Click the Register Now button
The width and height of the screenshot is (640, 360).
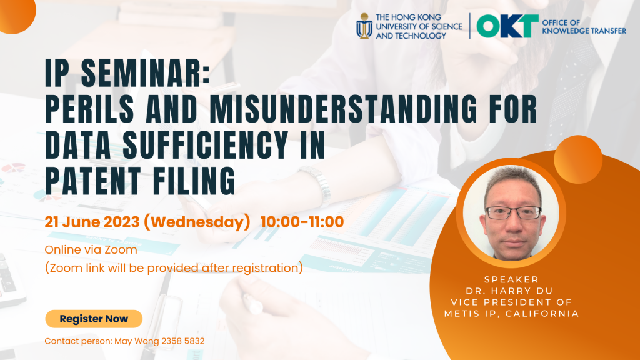point(94,319)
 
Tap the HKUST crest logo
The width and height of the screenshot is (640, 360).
point(364,26)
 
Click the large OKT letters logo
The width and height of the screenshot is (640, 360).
point(507,26)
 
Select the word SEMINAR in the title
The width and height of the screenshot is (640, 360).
point(146,74)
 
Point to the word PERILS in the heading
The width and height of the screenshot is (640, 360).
point(90,109)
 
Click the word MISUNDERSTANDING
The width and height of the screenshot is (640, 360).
point(343,109)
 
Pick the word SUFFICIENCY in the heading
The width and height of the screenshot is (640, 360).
point(205,144)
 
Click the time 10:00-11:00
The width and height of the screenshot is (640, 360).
point(302,222)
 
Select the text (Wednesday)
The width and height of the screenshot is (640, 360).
point(197,222)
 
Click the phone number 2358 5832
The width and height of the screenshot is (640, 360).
point(183,341)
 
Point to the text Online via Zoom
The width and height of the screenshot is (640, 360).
point(91,250)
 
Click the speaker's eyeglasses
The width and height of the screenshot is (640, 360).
point(514,212)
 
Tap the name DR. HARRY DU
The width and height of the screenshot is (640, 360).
point(510,291)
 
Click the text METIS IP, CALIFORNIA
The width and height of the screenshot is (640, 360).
point(512,314)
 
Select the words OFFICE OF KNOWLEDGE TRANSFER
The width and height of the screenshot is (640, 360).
point(584,26)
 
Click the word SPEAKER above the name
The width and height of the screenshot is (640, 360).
point(511,279)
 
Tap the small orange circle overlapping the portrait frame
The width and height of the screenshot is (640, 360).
point(578,159)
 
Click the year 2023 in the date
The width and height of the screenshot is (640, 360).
point(122,222)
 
